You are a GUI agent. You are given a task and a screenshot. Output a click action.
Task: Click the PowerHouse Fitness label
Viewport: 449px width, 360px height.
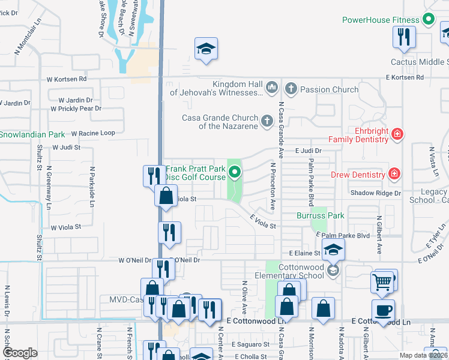pos(381,20)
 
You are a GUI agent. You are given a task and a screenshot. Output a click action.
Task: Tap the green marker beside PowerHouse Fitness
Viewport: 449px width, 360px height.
pos(428,19)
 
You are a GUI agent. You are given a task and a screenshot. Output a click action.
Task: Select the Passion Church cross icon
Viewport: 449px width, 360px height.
pos(291,89)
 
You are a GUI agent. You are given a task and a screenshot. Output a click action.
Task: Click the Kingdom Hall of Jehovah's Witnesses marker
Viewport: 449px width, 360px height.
pos(271,88)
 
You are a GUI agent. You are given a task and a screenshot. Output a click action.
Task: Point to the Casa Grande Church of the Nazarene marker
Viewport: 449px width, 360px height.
pos(267,122)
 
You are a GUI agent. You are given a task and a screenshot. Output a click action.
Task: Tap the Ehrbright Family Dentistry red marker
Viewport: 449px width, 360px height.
pos(397,134)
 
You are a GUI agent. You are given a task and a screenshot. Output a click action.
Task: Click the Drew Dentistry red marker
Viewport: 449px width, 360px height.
pos(394,175)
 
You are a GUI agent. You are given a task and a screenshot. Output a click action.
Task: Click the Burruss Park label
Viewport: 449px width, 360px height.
pos(321,215)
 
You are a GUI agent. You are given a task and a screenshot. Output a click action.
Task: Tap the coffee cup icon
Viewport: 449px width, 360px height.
pos(383,311)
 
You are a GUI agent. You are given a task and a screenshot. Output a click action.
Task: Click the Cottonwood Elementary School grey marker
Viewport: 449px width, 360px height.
pos(333,271)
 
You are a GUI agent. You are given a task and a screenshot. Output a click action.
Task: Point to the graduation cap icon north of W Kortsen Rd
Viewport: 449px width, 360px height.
pos(206,49)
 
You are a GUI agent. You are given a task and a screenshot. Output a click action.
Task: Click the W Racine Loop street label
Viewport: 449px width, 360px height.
pos(93,133)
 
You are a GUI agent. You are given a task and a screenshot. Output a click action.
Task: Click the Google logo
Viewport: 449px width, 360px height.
pos(20,353)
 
